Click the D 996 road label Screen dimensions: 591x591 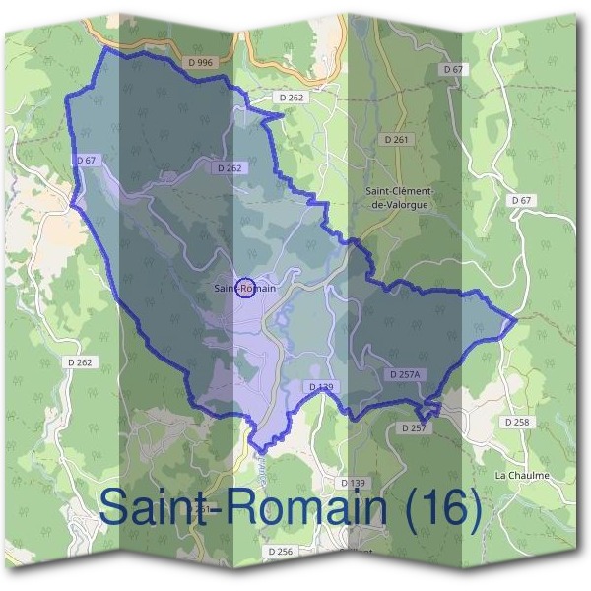200,62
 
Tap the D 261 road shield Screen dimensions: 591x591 397,140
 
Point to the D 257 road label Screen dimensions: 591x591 412,428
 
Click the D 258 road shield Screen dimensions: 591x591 517,422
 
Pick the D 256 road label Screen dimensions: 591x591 281,552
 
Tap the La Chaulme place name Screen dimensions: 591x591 522,475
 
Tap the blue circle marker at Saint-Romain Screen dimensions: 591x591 245,288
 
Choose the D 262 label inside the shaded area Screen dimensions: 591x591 230,168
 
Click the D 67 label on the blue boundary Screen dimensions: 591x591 86,159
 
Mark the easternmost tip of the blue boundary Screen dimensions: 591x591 516,320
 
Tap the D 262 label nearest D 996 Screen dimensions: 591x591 292,98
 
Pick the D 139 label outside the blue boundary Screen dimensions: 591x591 353,483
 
